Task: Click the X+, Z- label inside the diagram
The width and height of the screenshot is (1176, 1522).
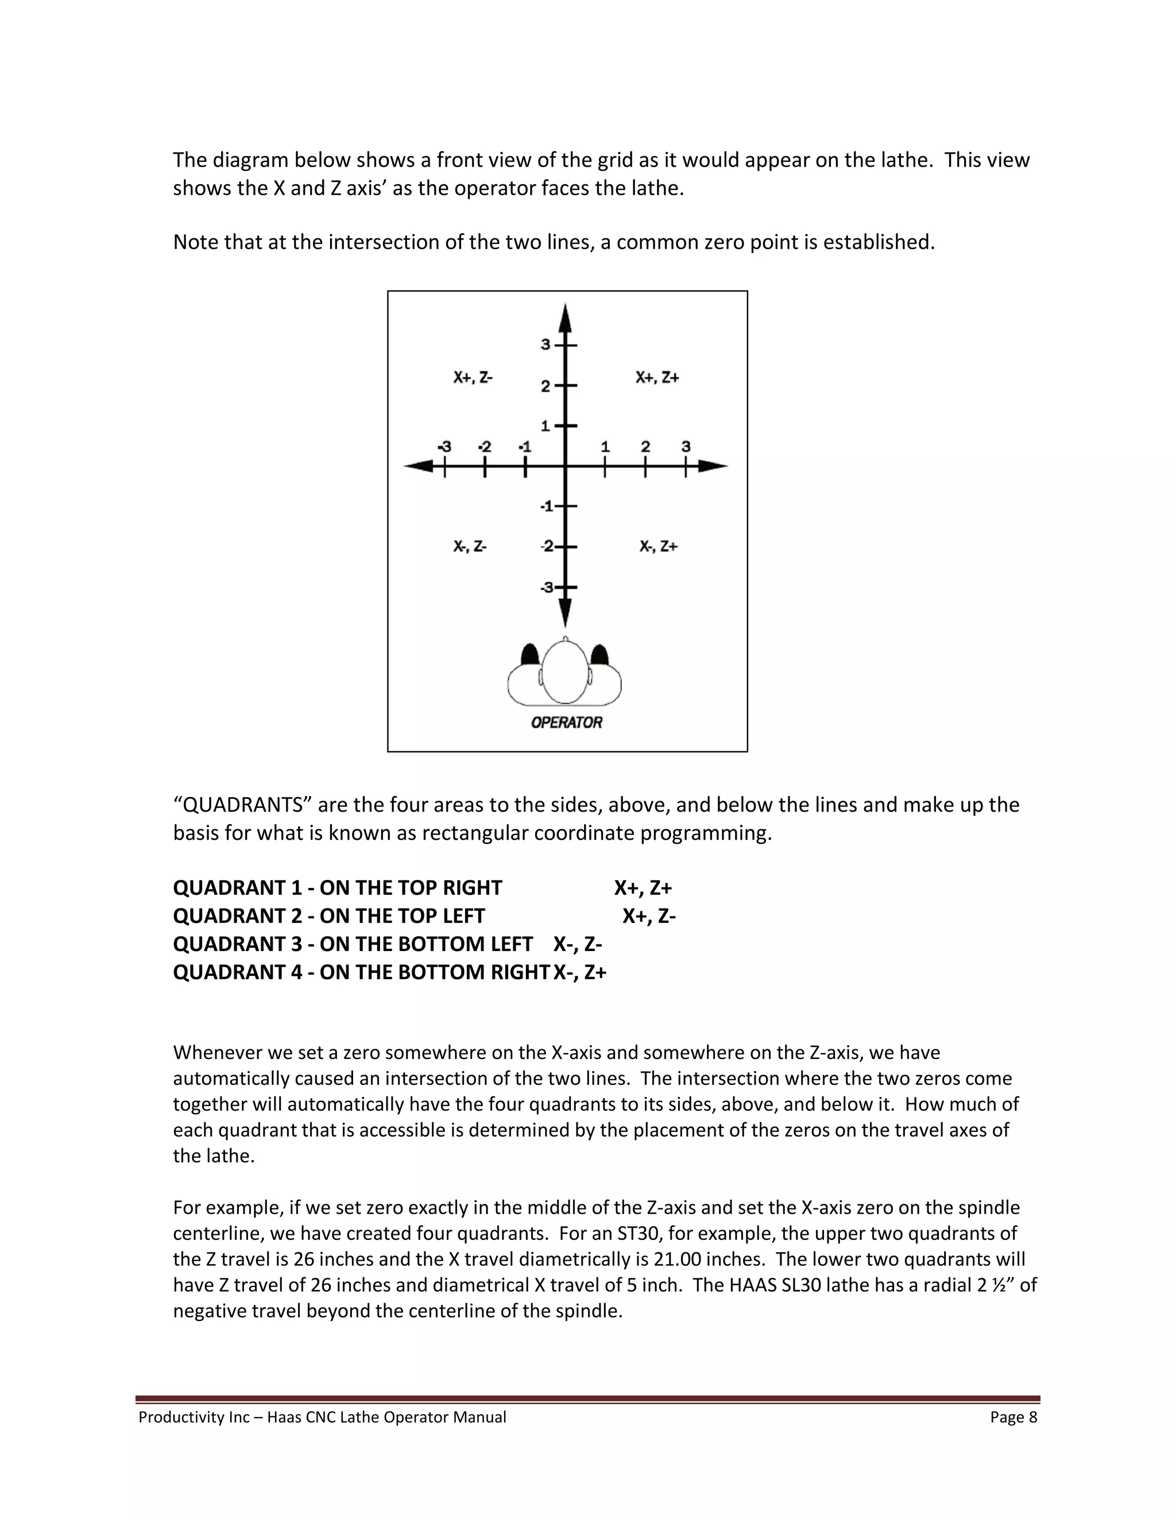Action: pyautogui.click(x=473, y=378)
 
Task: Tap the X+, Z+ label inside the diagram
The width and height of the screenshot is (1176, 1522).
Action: pyautogui.click(x=657, y=378)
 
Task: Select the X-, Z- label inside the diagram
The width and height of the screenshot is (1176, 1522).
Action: pyautogui.click(x=470, y=546)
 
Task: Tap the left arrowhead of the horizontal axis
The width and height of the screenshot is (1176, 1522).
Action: pyautogui.click(x=418, y=466)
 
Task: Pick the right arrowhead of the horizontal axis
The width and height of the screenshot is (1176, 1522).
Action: pyautogui.click(x=713, y=466)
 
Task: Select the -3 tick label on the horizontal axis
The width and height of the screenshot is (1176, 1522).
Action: pyautogui.click(x=444, y=447)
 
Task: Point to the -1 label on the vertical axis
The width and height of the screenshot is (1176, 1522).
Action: pyautogui.click(x=547, y=506)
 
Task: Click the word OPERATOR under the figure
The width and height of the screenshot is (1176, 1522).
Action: pyautogui.click(x=566, y=723)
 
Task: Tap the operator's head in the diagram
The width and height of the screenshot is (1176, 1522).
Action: pyautogui.click(x=565, y=673)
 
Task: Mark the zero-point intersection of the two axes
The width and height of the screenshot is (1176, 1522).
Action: pyautogui.click(x=566, y=466)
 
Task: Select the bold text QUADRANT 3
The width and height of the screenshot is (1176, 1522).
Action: pyautogui.click(x=237, y=944)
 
